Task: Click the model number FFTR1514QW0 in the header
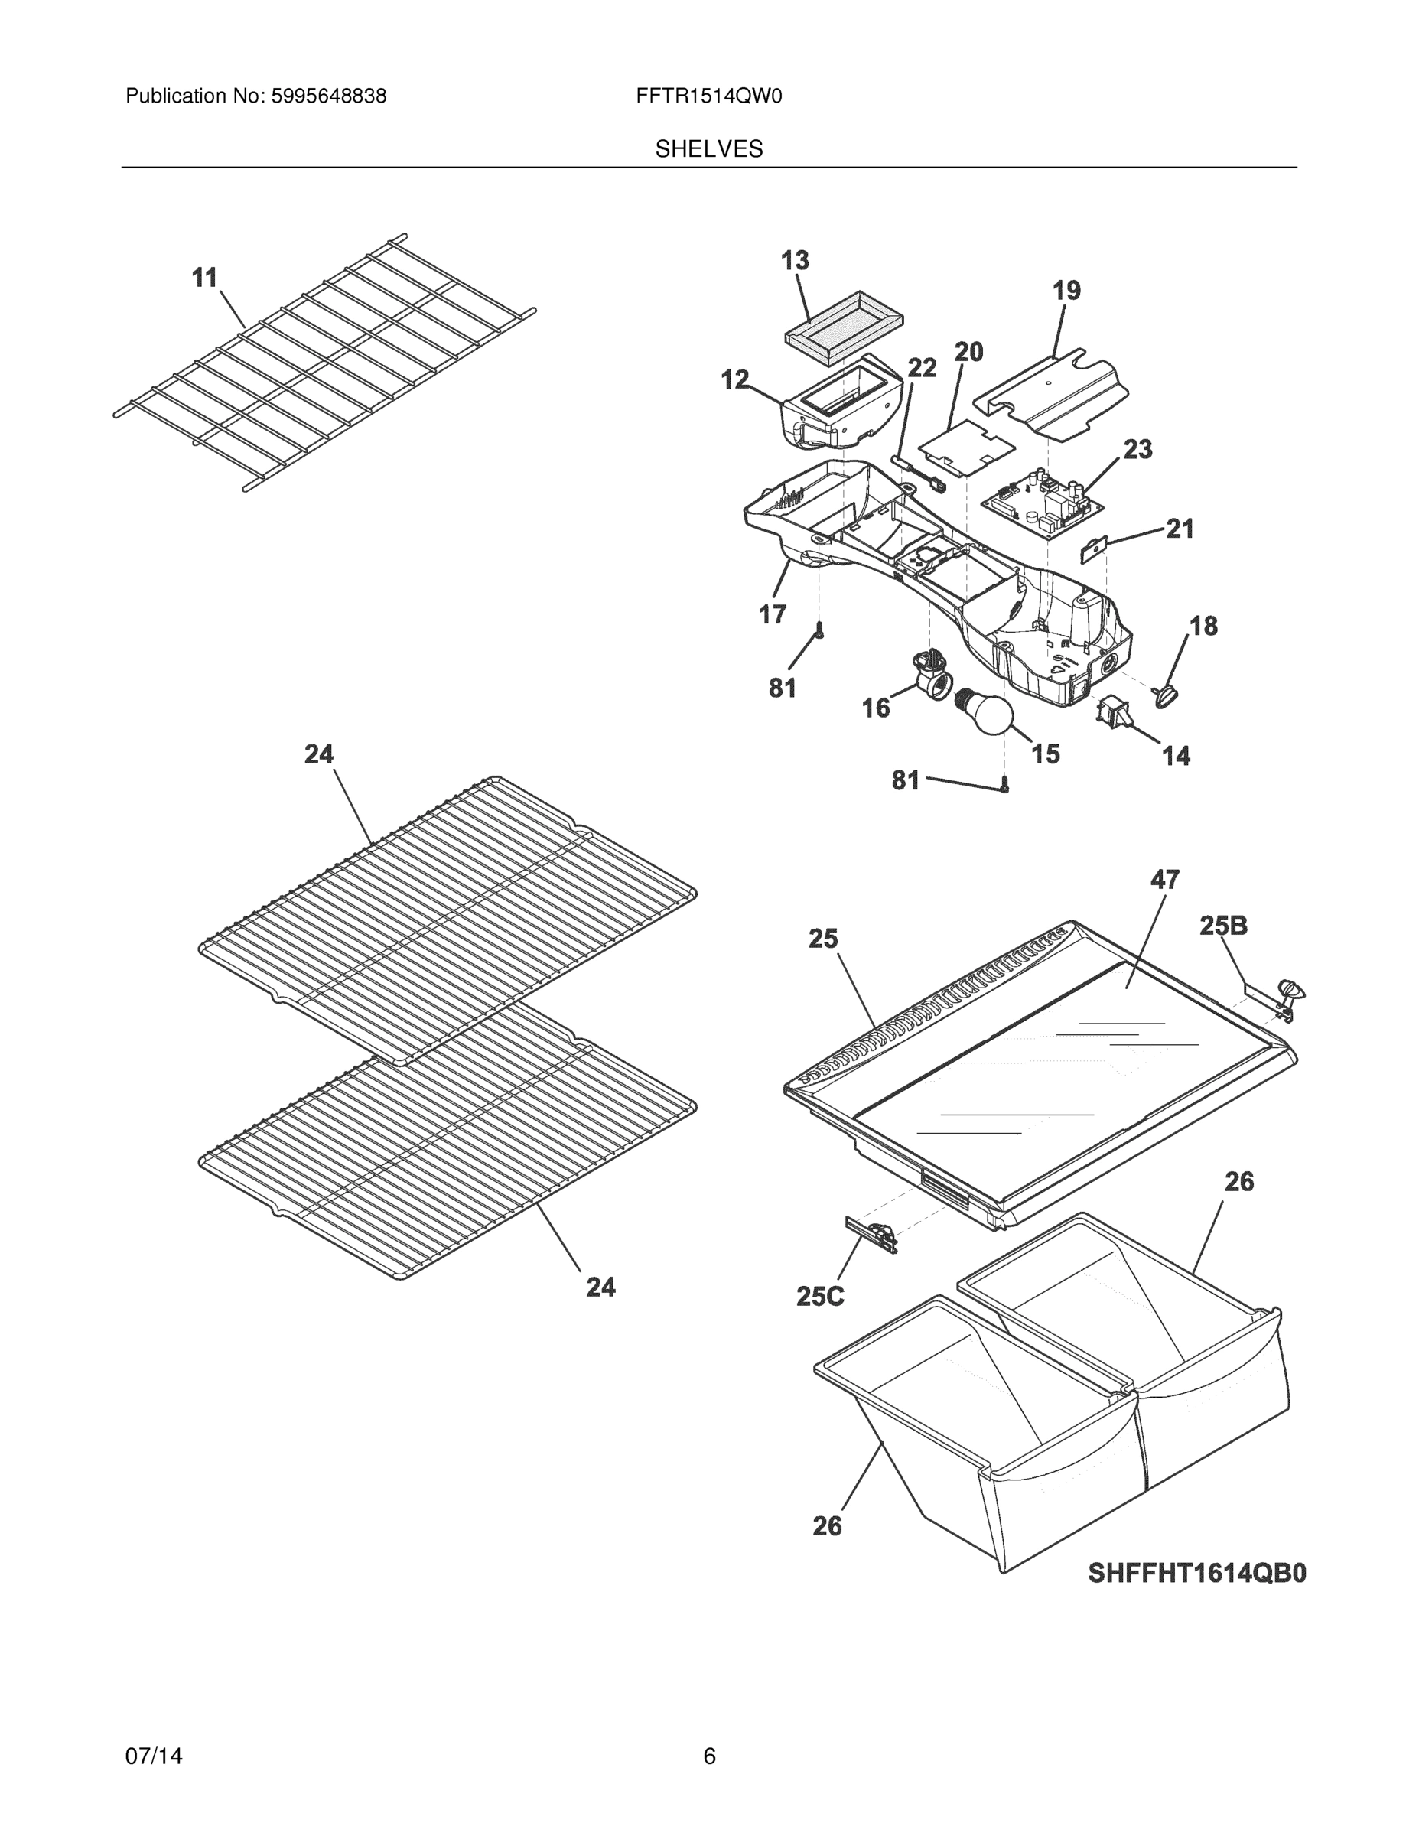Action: tap(708, 96)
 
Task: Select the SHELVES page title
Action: tap(708, 149)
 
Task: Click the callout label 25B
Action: tap(1222, 926)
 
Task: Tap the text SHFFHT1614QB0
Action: tap(1196, 1573)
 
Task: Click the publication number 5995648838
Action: tap(328, 96)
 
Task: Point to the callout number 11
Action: tap(205, 278)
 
